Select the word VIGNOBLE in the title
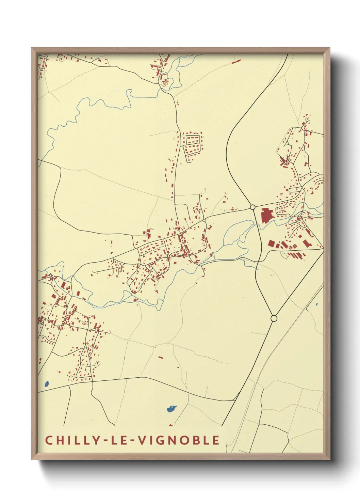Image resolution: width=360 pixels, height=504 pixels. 178,440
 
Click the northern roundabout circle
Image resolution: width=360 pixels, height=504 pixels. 252,207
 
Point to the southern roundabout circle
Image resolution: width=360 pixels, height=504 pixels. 274,318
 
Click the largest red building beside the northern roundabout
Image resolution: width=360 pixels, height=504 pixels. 266,216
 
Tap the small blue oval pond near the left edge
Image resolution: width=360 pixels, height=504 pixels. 47,384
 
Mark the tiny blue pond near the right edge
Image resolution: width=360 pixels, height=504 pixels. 316,304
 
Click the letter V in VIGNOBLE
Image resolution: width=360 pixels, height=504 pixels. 142,440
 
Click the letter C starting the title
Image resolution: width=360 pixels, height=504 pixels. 49,440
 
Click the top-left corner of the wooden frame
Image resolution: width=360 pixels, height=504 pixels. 32,48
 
